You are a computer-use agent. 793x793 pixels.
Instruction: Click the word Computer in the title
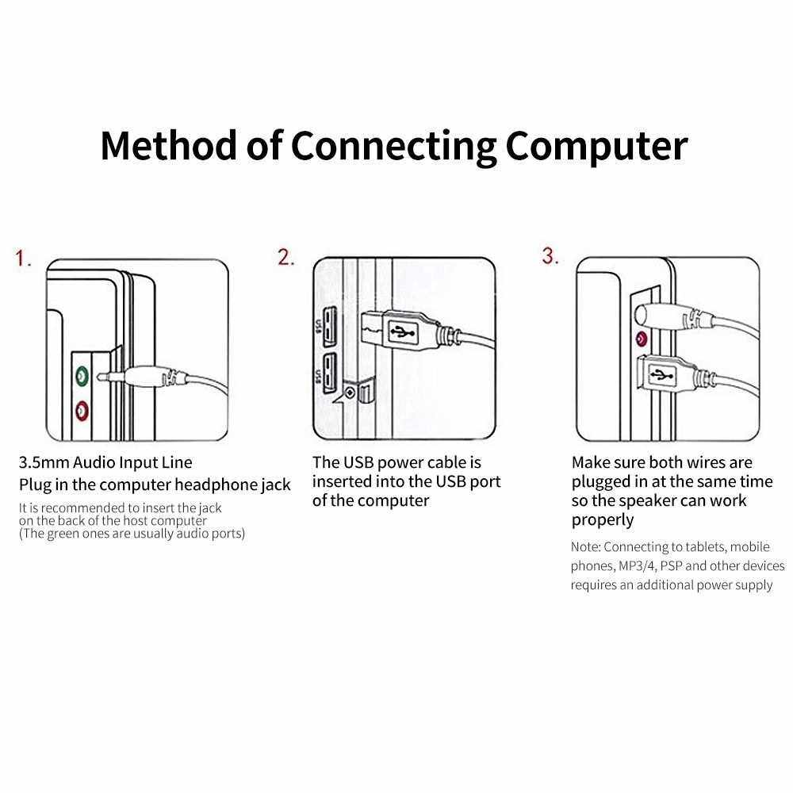[596, 145]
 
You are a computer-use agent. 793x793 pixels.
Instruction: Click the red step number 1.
[24, 259]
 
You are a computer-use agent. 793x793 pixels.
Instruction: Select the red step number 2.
[285, 257]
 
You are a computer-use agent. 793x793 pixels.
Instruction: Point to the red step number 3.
[550, 255]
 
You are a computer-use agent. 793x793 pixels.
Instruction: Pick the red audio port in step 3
[640, 341]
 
